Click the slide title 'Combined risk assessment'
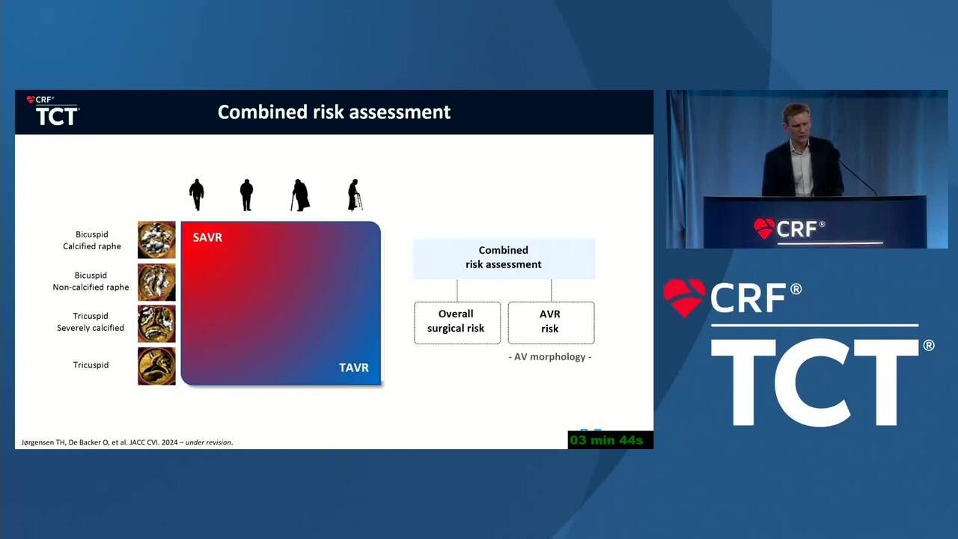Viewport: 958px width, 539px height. [x=334, y=112]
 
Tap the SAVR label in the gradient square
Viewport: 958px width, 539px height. [x=207, y=237]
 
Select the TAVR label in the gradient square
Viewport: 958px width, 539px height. [x=354, y=368]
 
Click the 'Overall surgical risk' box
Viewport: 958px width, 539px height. [x=457, y=323]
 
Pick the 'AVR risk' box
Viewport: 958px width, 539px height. [x=551, y=323]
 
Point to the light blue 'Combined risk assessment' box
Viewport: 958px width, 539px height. [x=504, y=258]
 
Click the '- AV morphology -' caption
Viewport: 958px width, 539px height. [x=550, y=357]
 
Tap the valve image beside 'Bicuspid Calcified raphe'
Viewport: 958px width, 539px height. [x=156, y=240]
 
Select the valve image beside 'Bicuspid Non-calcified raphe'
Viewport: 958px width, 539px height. [x=156, y=282]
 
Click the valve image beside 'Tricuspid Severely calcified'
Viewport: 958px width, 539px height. [x=156, y=323]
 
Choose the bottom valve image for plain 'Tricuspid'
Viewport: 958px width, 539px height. [x=156, y=366]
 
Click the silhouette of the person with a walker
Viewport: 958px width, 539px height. [x=355, y=195]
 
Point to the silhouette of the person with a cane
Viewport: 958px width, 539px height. [x=300, y=195]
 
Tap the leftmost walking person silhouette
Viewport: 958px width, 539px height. [x=197, y=195]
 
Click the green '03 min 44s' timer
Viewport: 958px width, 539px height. [x=606, y=440]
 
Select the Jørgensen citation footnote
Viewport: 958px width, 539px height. [x=127, y=442]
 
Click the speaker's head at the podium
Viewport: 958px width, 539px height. [x=796, y=121]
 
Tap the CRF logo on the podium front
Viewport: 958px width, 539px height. [x=790, y=229]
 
